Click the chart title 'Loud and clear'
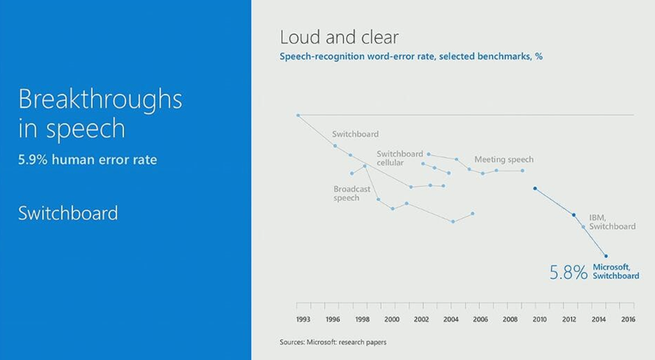coord(339,37)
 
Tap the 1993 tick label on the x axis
coord(303,320)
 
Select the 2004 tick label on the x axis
coord(451,320)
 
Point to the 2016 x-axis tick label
coord(628,320)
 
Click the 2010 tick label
coord(539,320)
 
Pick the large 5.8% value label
coord(569,272)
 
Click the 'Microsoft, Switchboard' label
coord(616,272)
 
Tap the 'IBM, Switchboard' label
coord(612,222)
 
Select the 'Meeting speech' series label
coord(504,159)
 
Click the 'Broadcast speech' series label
coord(352,193)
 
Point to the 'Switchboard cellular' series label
coord(400,159)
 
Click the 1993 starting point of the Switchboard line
coord(298,115)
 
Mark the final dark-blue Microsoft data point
coord(606,256)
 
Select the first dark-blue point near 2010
coord(535,189)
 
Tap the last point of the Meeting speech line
coord(522,170)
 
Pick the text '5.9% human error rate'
coord(87,160)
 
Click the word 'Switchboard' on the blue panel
coord(68,214)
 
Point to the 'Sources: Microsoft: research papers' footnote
coord(333,343)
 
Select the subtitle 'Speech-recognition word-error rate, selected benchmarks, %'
coord(411,56)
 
